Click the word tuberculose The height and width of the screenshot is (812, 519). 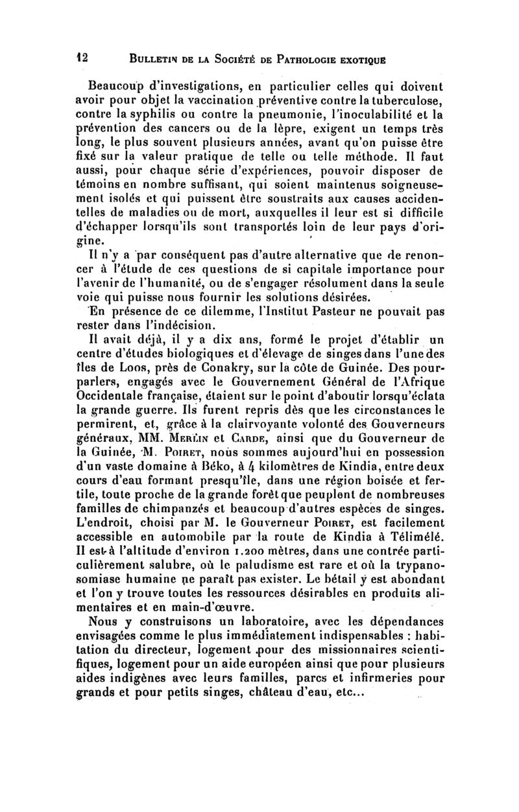(x=407, y=100)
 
